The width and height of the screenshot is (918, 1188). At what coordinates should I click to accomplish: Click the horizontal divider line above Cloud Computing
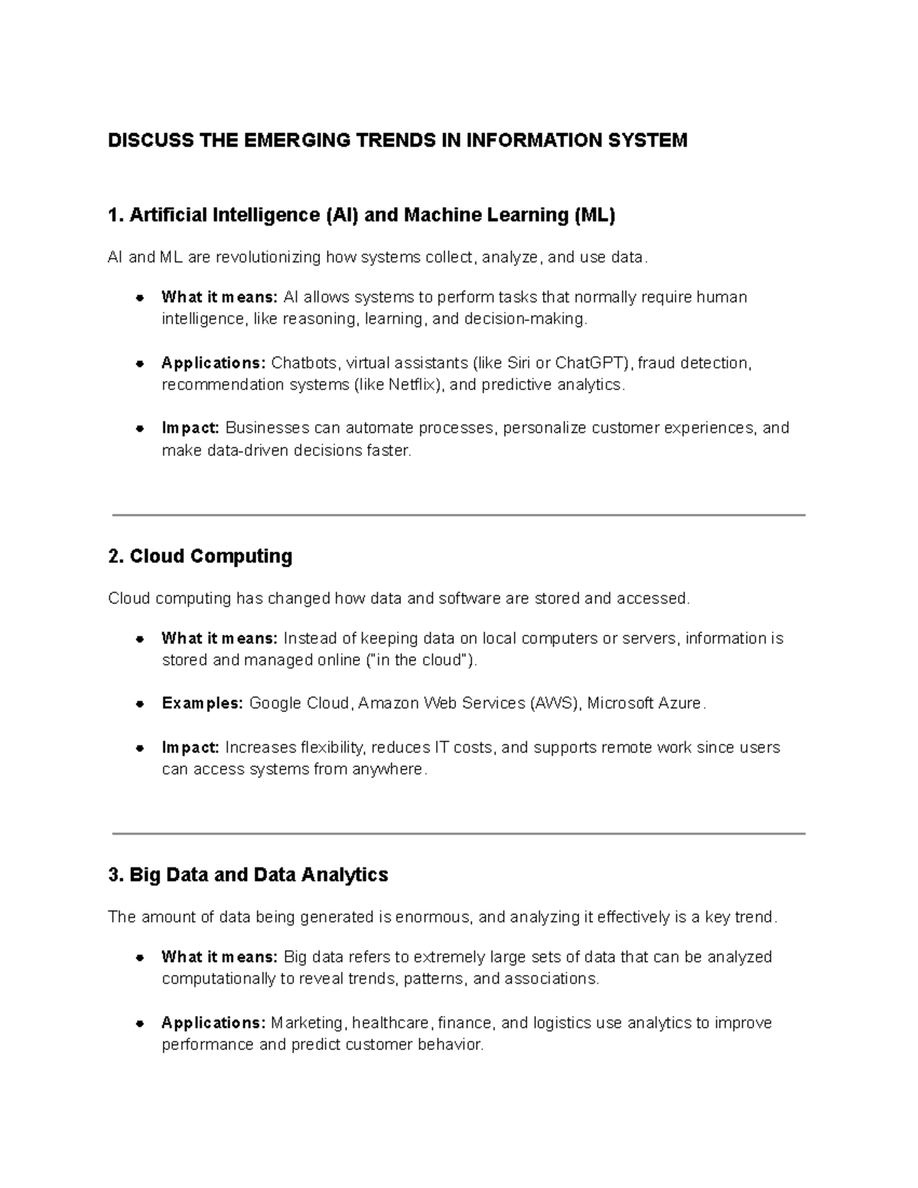click(459, 516)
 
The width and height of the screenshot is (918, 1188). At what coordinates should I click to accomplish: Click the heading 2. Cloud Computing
click(200, 556)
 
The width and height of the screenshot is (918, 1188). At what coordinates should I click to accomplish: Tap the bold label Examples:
click(202, 703)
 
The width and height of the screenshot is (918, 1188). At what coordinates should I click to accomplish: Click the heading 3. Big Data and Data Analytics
click(249, 874)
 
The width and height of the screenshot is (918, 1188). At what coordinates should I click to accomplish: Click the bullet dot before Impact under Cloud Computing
click(140, 748)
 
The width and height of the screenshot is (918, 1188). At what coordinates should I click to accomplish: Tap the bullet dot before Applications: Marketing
click(140, 1024)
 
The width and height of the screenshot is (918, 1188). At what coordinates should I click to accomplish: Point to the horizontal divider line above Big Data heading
click(459, 834)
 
